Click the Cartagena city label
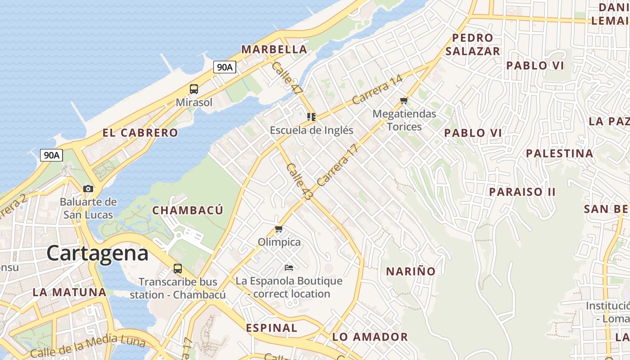[x=97, y=253]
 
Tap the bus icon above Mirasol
[x=194, y=89]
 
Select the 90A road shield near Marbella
[x=225, y=67]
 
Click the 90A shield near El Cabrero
[x=51, y=155]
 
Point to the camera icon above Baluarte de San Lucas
[x=88, y=189]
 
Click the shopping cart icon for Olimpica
[x=279, y=229]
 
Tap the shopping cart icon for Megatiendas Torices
[x=404, y=101]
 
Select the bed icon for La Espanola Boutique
[x=289, y=268]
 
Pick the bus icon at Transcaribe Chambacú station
[x=178, y=269]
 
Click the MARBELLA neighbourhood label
[x=274, y=49]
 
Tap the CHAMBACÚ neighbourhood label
[x=188, y=210]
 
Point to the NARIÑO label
[x=411, y=271]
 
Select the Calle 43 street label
[x=299, y=182]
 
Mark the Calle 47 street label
[x=287, y=77]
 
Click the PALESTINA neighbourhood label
[x=559, y=153]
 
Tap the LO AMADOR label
[x=370, y=337]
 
